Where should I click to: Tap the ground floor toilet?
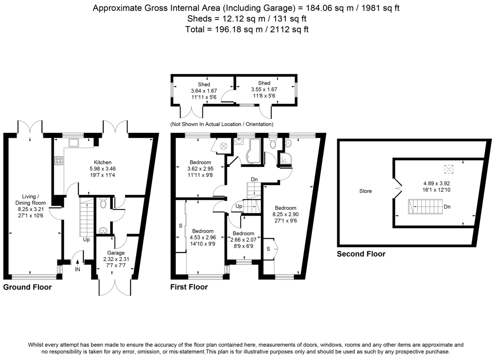(103, 203)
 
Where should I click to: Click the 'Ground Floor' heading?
(28, 287)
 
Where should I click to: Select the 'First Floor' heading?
(189, 287)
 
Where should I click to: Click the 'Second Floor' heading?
(361, 254)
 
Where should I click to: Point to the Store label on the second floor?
(365, 191)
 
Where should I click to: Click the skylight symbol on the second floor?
(449, 169)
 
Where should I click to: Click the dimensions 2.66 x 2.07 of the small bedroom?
(243, 240)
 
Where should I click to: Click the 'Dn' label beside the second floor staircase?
(447, 207)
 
